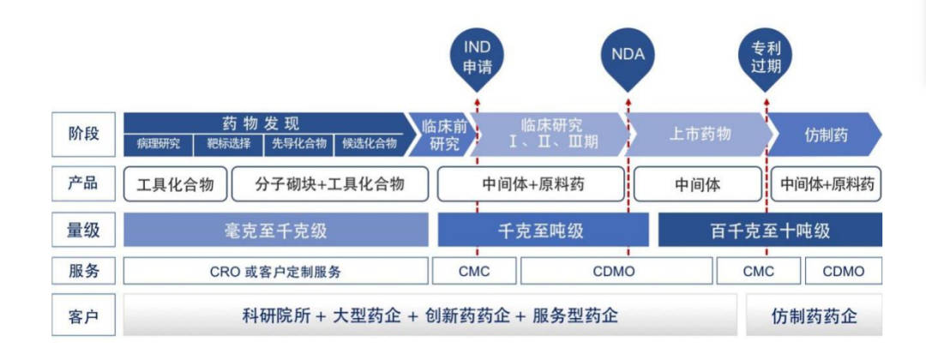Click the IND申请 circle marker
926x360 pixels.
coord(478,56)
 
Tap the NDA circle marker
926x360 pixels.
coord(628,56)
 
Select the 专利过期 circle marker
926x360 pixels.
coord(765,56)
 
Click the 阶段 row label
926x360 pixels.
coord(83,134)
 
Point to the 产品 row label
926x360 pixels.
coord(83,183)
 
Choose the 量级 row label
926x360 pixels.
coord(83,230)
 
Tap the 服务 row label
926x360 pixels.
coord(83,272)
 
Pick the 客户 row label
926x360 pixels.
coord(83,316)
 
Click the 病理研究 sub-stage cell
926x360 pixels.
coord(159,144)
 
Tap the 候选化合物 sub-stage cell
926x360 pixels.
coord(370,144)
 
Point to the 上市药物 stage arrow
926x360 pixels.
coord(700,135)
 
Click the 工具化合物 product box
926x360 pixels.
coord(175,184)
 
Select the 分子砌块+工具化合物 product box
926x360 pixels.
coord(330,184)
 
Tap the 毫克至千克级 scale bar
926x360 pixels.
coord(275,231)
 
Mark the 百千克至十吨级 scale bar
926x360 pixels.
coord(770,231)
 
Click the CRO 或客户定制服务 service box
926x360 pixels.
coord(275,272)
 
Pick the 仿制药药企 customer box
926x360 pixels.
coord(814,316)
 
